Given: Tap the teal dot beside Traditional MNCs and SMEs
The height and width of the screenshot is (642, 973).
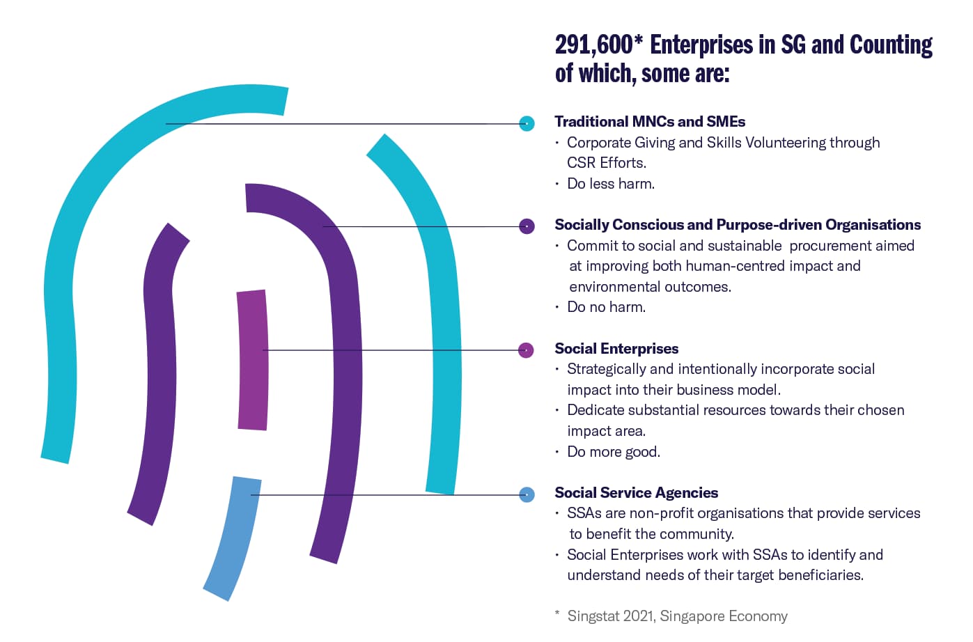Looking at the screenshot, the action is pyautogui.click(x=527, y=124).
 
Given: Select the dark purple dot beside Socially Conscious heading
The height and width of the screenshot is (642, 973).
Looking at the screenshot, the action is pyautogui.click(x=527, y=226).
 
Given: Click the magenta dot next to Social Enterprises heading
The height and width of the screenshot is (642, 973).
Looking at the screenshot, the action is pyautogui.click(x=526, y=350).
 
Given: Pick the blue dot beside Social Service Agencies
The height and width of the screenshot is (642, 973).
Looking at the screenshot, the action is pyautogui.click(x=527, y=495).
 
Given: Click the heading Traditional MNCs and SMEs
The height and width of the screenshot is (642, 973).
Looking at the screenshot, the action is pyautogui.click(x=650, y=122).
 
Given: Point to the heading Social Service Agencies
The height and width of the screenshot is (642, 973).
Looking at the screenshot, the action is pyautogui.click(x=637, y=492).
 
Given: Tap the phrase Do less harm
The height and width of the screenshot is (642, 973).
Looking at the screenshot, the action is pyautogui.click(x=611, y=184).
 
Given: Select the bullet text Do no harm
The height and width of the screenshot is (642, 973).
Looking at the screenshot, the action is pyautogui.click(x=607, y=307).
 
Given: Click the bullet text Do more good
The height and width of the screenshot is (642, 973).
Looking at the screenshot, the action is pyautogui.click(x=614, y=452).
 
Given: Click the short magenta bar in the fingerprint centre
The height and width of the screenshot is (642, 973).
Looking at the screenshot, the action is pyautogui.click(x=252, y=360).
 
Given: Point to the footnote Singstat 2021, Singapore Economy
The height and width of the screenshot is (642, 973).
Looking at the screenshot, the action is pyautogui.click(x=677, y=616).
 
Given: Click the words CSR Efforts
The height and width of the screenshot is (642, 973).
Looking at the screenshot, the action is pyautogui.click(x=607, y=163).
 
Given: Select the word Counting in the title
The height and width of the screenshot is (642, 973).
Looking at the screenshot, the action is pyautogui.click(x=891, y=45).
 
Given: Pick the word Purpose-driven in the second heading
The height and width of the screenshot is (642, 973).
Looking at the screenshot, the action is pyautogui.click(x=769, y=225).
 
